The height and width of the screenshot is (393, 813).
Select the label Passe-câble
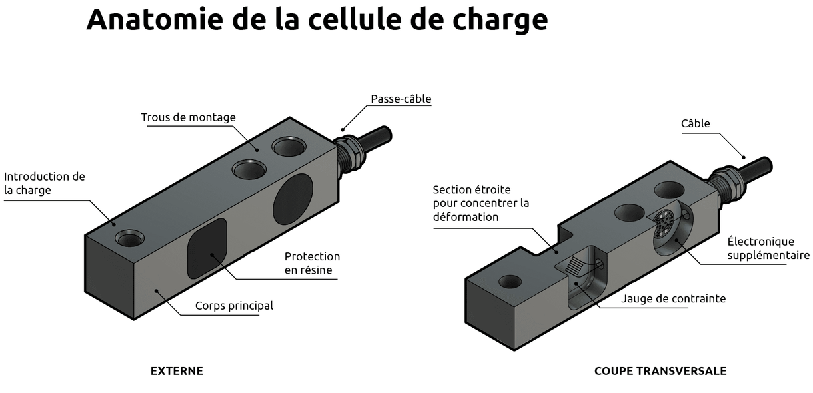pos(401,99)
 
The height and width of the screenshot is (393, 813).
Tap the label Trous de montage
pos(188,117)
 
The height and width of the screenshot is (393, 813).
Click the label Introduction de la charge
pos(44,183)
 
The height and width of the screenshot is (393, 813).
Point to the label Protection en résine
pos(311,263)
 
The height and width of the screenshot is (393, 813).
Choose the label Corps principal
pos(234,306)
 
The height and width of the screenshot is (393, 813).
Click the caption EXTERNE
pos(177,371)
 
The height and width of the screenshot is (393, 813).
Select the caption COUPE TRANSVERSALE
pos(660,371)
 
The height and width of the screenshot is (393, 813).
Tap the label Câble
pos(695,123)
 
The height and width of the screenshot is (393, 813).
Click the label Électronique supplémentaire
pos(768,248)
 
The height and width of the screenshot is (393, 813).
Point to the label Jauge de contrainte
pos(673,298)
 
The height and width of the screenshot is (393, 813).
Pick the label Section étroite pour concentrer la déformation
pos(480,202)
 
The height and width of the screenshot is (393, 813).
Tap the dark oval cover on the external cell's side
pos(292,198)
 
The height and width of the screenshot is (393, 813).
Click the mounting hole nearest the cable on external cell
pos(287,145)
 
